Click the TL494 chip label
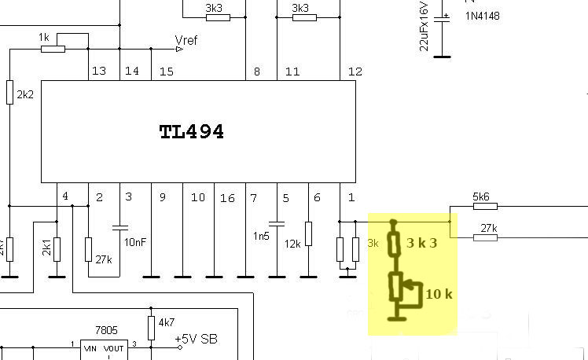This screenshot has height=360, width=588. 191,132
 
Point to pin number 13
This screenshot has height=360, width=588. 98,72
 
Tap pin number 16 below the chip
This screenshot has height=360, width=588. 227,198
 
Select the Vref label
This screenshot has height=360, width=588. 186,40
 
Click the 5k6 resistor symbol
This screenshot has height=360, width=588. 485,207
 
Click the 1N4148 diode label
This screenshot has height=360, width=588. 482,16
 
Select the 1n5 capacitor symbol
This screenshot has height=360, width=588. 277,222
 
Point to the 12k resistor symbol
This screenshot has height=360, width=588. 309,233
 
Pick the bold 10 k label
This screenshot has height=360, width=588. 439,295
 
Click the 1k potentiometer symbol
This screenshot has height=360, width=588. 52,49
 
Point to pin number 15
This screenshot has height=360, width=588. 166,72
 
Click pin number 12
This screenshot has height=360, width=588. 355,72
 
